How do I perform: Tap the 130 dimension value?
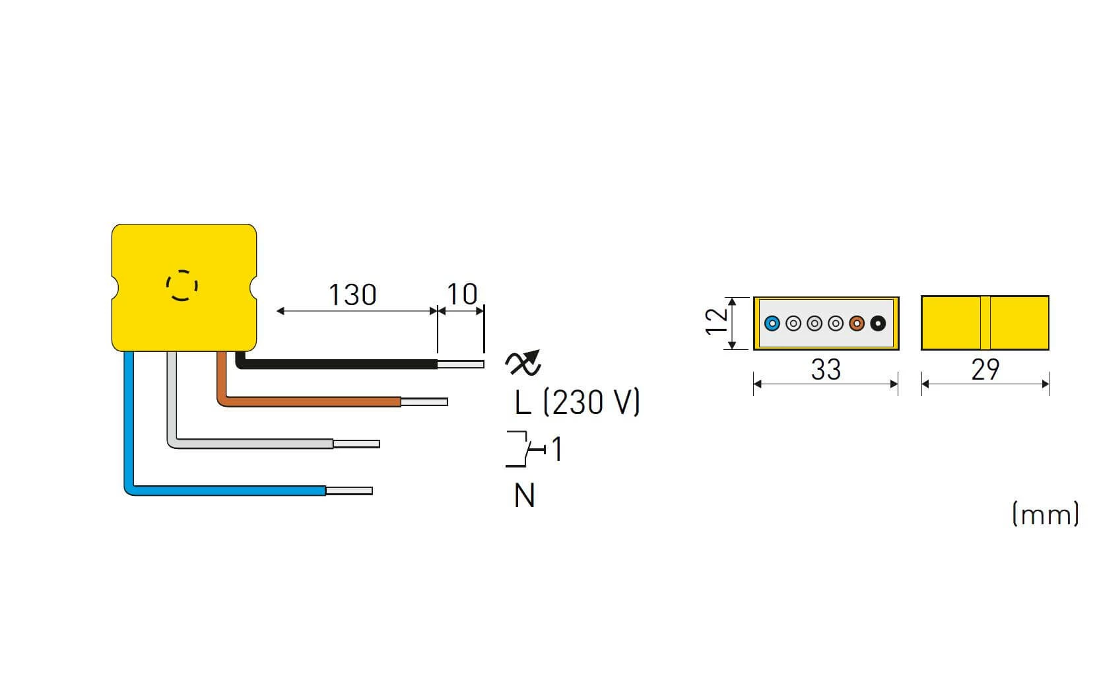(352, 294)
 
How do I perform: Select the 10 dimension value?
(462, 294)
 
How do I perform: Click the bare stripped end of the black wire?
(461, 364)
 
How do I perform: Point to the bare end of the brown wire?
(424, 402)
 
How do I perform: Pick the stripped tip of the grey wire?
(356, 444)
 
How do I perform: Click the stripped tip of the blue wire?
(349, 491)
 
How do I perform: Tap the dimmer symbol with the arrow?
(523, 363)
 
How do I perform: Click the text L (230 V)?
(578, 402)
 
